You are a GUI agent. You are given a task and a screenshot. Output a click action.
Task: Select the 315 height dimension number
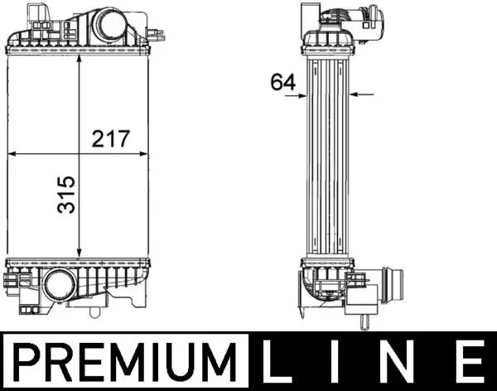(x=65, y=193)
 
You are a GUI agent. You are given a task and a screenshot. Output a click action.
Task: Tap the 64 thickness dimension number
(x=282, y=81)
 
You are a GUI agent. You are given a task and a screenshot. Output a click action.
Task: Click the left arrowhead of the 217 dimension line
(x=12, y=154)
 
